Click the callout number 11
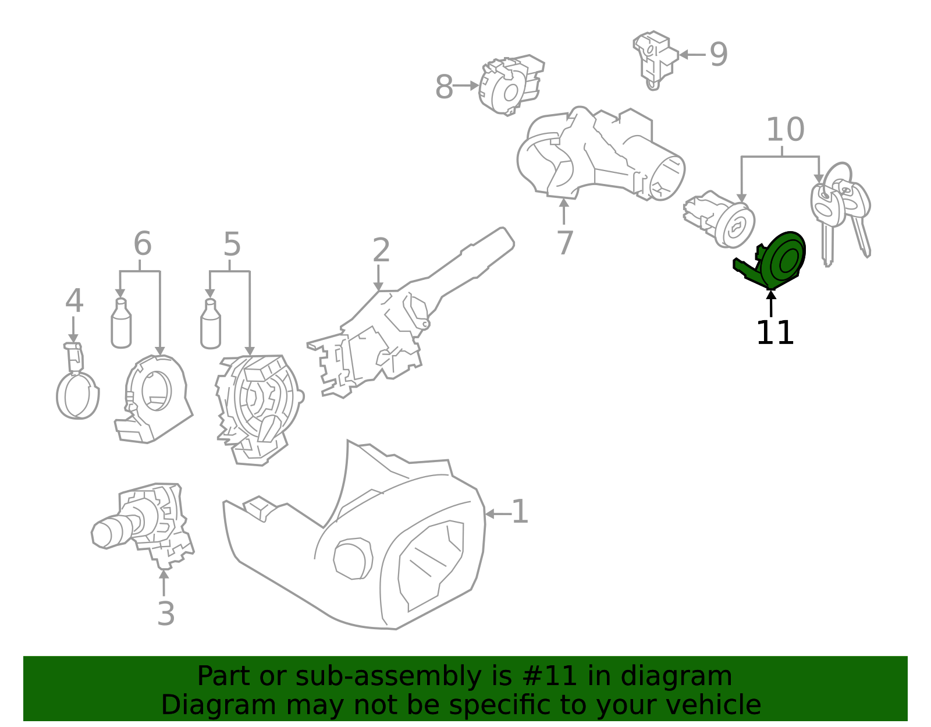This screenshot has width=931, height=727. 774,334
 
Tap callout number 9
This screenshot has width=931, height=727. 719,55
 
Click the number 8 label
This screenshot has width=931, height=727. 444,88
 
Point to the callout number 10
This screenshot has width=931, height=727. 785,130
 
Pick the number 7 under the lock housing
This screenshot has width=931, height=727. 564,243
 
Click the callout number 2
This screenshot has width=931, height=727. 381,250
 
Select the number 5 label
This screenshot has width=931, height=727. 232,244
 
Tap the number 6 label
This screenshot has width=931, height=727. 142,244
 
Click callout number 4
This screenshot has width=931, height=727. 74,302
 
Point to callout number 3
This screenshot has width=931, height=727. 166,614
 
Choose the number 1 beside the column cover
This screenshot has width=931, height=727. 519,512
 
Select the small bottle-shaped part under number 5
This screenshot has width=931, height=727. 210,324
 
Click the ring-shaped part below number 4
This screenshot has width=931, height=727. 77,395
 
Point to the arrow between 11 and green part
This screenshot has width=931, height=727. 771,303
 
